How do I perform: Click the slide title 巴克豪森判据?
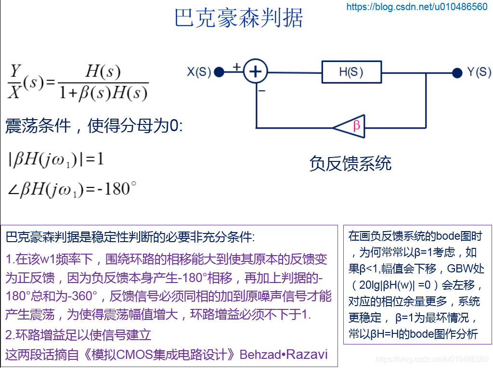239,19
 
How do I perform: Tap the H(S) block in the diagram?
351,73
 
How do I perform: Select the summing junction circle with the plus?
256,72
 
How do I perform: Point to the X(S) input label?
199,73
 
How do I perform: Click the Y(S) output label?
479,73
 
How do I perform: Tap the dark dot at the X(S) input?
219,73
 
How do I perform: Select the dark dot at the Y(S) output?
457,73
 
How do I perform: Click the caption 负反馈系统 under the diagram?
350,164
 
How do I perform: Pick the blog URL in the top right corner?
417,7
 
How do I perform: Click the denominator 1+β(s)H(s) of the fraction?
103,93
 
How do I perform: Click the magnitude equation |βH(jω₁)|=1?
56,159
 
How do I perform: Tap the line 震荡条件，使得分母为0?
94,126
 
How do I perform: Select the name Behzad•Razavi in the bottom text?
284,355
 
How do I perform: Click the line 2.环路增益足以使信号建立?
79,335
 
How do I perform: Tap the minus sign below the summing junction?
261,90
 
